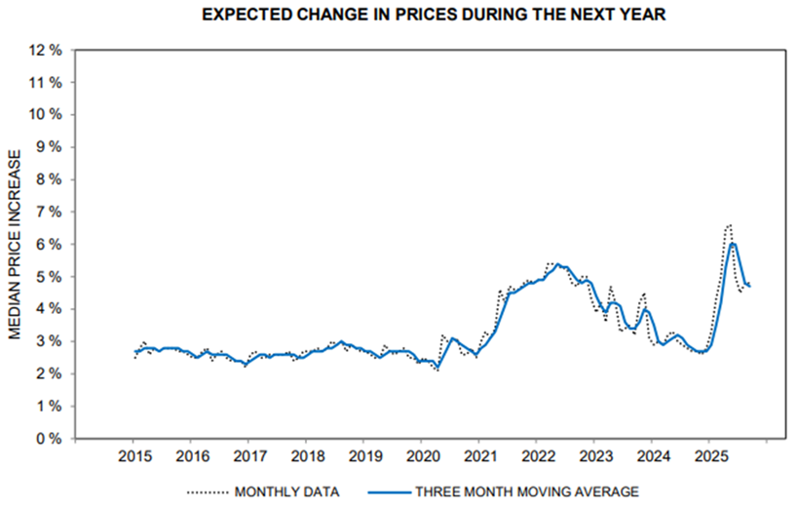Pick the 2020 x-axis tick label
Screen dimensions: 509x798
(x=422, y=456)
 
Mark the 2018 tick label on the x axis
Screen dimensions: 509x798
(x=308, y=456)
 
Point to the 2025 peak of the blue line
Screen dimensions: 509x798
(x=733, y=244)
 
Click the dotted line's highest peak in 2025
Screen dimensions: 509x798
(x=728, y=225)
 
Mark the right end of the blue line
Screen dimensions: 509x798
(x=749, y=286)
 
